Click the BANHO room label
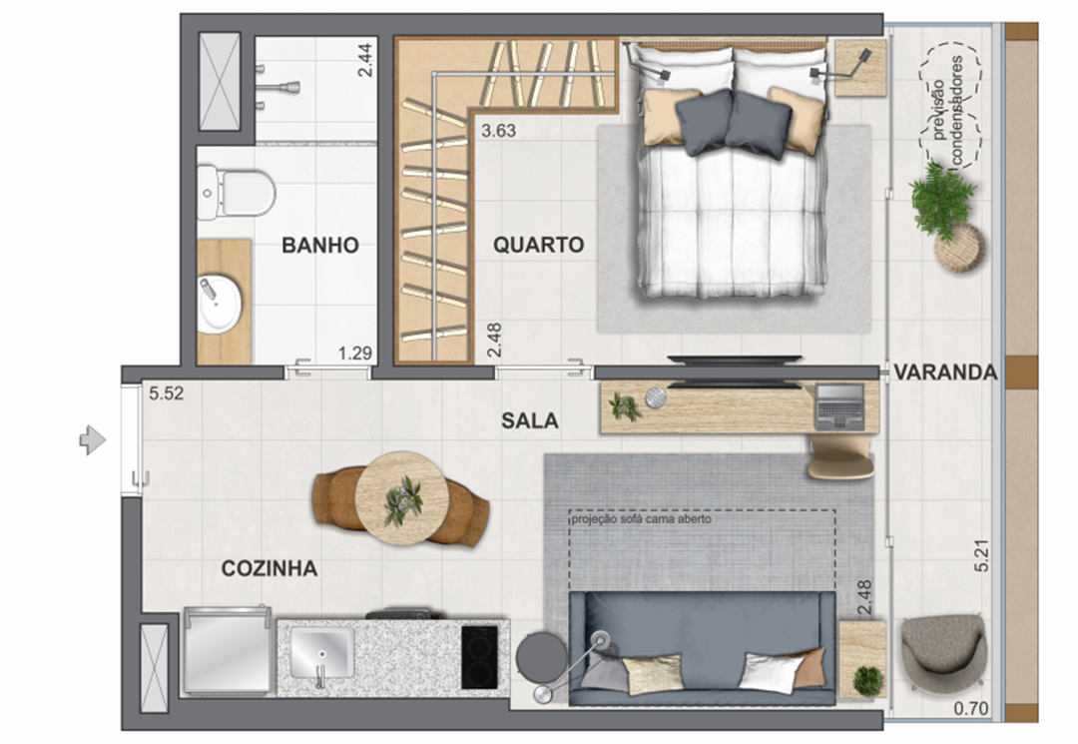click(x=320, y=246)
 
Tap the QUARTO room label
click(x=538, y=245)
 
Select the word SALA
click(x=529, y=420)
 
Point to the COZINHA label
click(x=269, y=568)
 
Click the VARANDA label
click(x=945, y=372)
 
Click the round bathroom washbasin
click(x=220, y=304)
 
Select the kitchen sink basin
click(x=321, y=652)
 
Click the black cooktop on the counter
click(x=479, y=657)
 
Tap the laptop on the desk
click(x=838, y=406)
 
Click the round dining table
click(x=402, y=498)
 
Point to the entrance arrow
click(x=93, y=440)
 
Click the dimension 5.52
click(x=167, y=394)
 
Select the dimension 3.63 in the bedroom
click(x=498, y=131)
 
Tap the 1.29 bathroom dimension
click(x=354, y=354)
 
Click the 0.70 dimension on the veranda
click(x=971, y=708)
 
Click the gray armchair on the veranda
click(x=944, y=652)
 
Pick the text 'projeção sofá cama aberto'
click(x=641, y=519)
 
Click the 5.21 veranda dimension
click(x=982, y=555)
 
